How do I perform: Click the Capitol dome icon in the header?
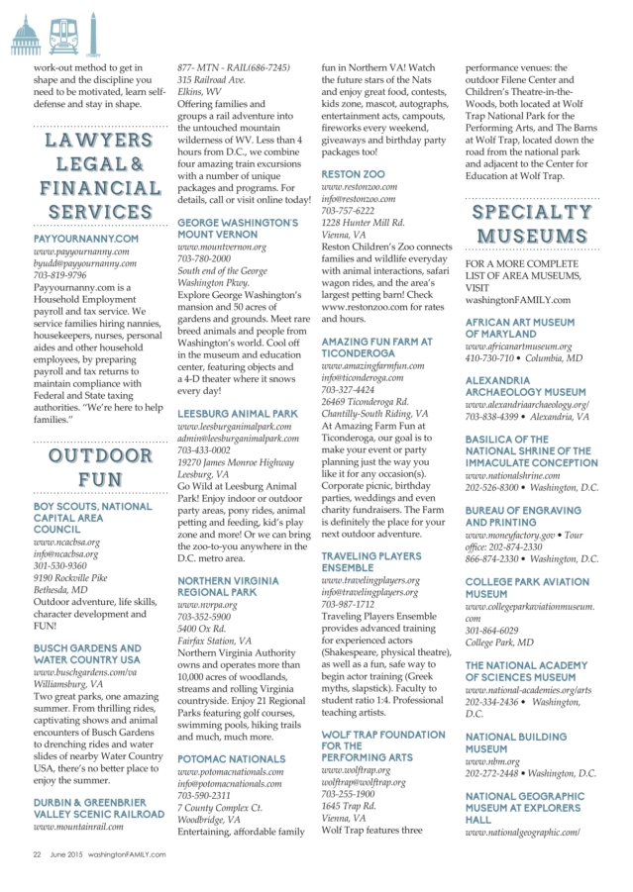24,38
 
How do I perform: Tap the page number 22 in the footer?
36,853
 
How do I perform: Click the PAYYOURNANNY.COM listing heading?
86,239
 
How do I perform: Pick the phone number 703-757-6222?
349,211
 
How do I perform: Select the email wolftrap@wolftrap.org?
364,782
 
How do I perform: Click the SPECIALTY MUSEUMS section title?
532,223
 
